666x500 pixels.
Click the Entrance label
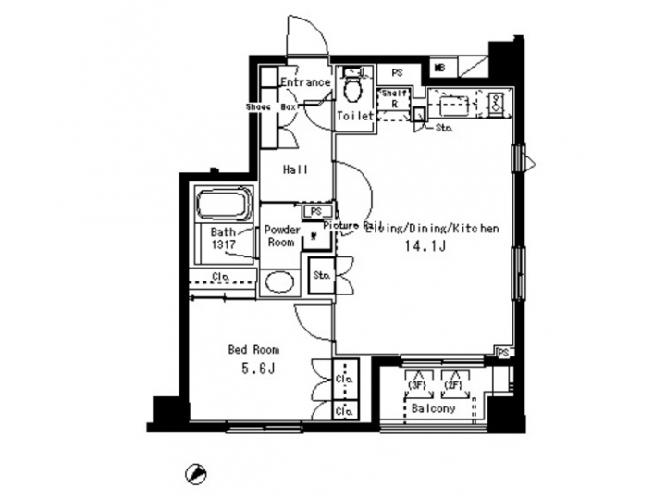click(306, 82)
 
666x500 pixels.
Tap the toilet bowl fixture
click(352, 90)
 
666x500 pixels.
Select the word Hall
click(295, 169)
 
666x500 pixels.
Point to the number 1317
click(223, 244)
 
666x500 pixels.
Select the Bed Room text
click(253, 350)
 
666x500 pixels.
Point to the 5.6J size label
click(253, 369)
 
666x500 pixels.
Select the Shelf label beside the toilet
click(393, 94)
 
